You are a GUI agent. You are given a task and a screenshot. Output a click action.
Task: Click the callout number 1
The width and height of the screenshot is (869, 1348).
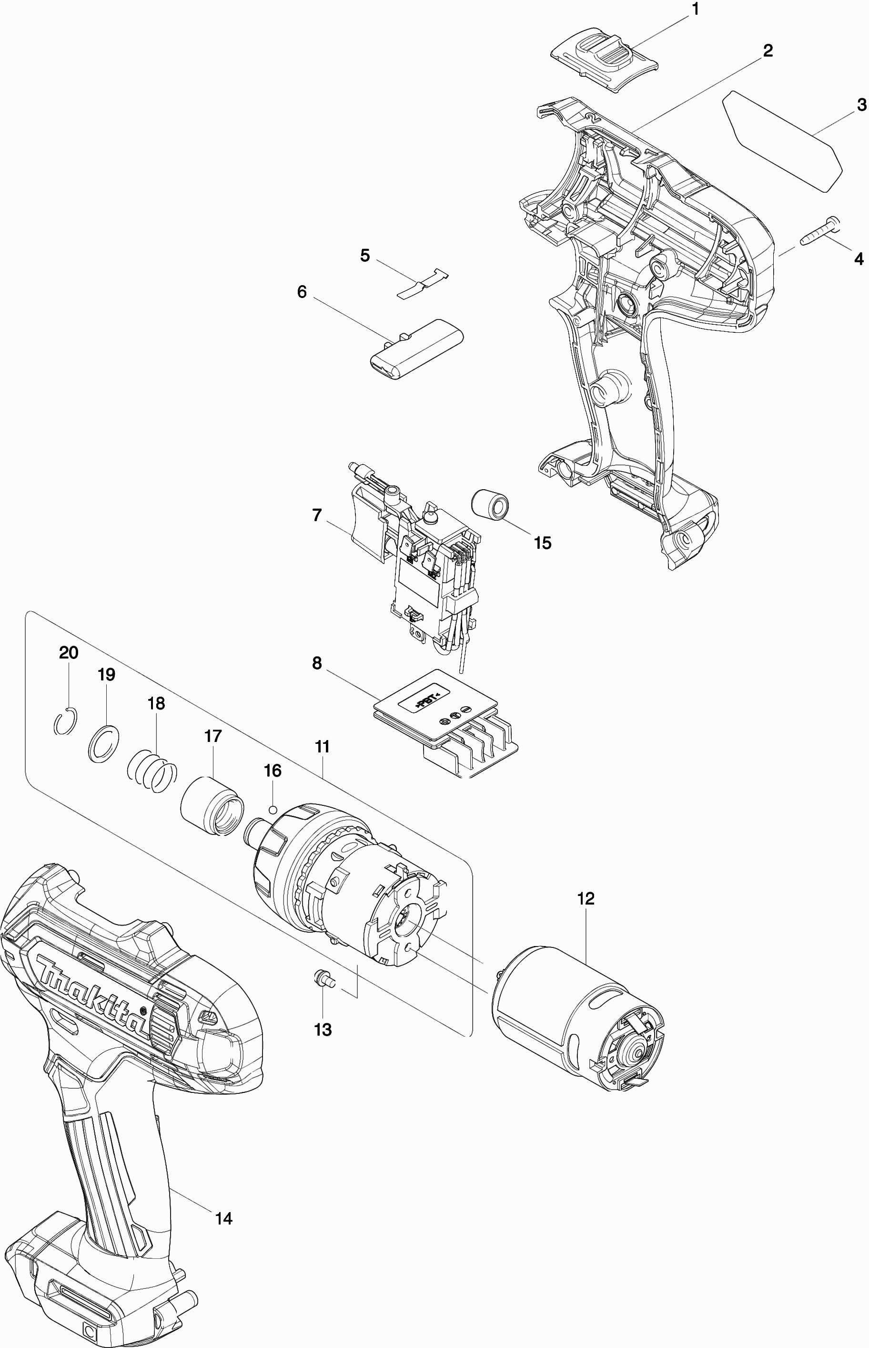point(695,9)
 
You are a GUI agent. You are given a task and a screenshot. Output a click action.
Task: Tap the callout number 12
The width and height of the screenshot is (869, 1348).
point(586,898)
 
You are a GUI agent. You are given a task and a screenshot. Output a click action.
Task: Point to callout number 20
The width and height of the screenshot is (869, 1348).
point(69,653)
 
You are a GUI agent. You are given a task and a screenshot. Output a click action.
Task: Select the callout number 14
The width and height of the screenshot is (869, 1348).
point(224,1219)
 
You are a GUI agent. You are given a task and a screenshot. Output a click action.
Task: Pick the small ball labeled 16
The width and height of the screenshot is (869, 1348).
point(273,809)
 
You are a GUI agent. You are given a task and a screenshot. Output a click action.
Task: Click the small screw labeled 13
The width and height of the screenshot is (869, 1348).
point(323,978)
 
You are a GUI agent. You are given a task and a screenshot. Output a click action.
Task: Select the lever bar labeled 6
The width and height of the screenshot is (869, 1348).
point(417,349)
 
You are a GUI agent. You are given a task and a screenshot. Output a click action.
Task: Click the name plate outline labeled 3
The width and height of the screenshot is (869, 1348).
point(783,141)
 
